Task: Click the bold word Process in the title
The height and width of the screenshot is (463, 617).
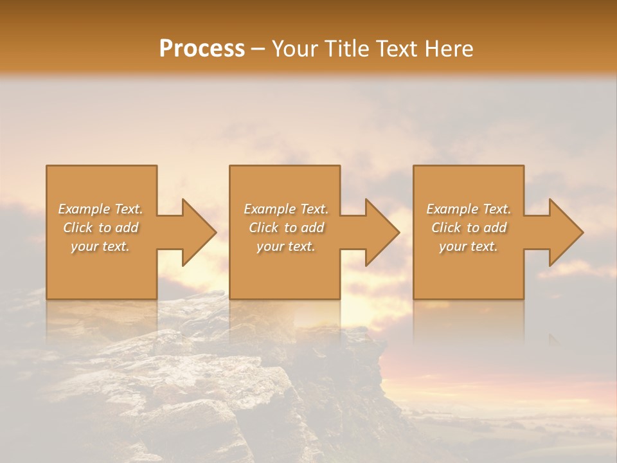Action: point(202,49)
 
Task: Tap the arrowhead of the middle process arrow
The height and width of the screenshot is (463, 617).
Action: point(382,232)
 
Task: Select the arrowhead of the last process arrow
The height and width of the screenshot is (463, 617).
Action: point(566,232)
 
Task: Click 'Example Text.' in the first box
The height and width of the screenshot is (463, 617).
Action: point(101,209)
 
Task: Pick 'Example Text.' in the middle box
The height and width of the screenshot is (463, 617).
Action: point(286,209)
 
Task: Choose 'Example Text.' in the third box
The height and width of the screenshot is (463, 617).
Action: point(469,209)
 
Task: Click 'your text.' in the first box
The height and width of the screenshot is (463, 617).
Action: point(100,246)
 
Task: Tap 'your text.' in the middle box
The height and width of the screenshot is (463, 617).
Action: point(286,246)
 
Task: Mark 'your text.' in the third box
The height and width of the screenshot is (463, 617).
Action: point(469,246)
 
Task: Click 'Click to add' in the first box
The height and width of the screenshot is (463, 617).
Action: point(101,228)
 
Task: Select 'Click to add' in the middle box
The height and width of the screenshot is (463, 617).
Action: point(286,228)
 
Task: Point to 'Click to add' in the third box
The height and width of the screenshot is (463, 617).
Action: point(469,228)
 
